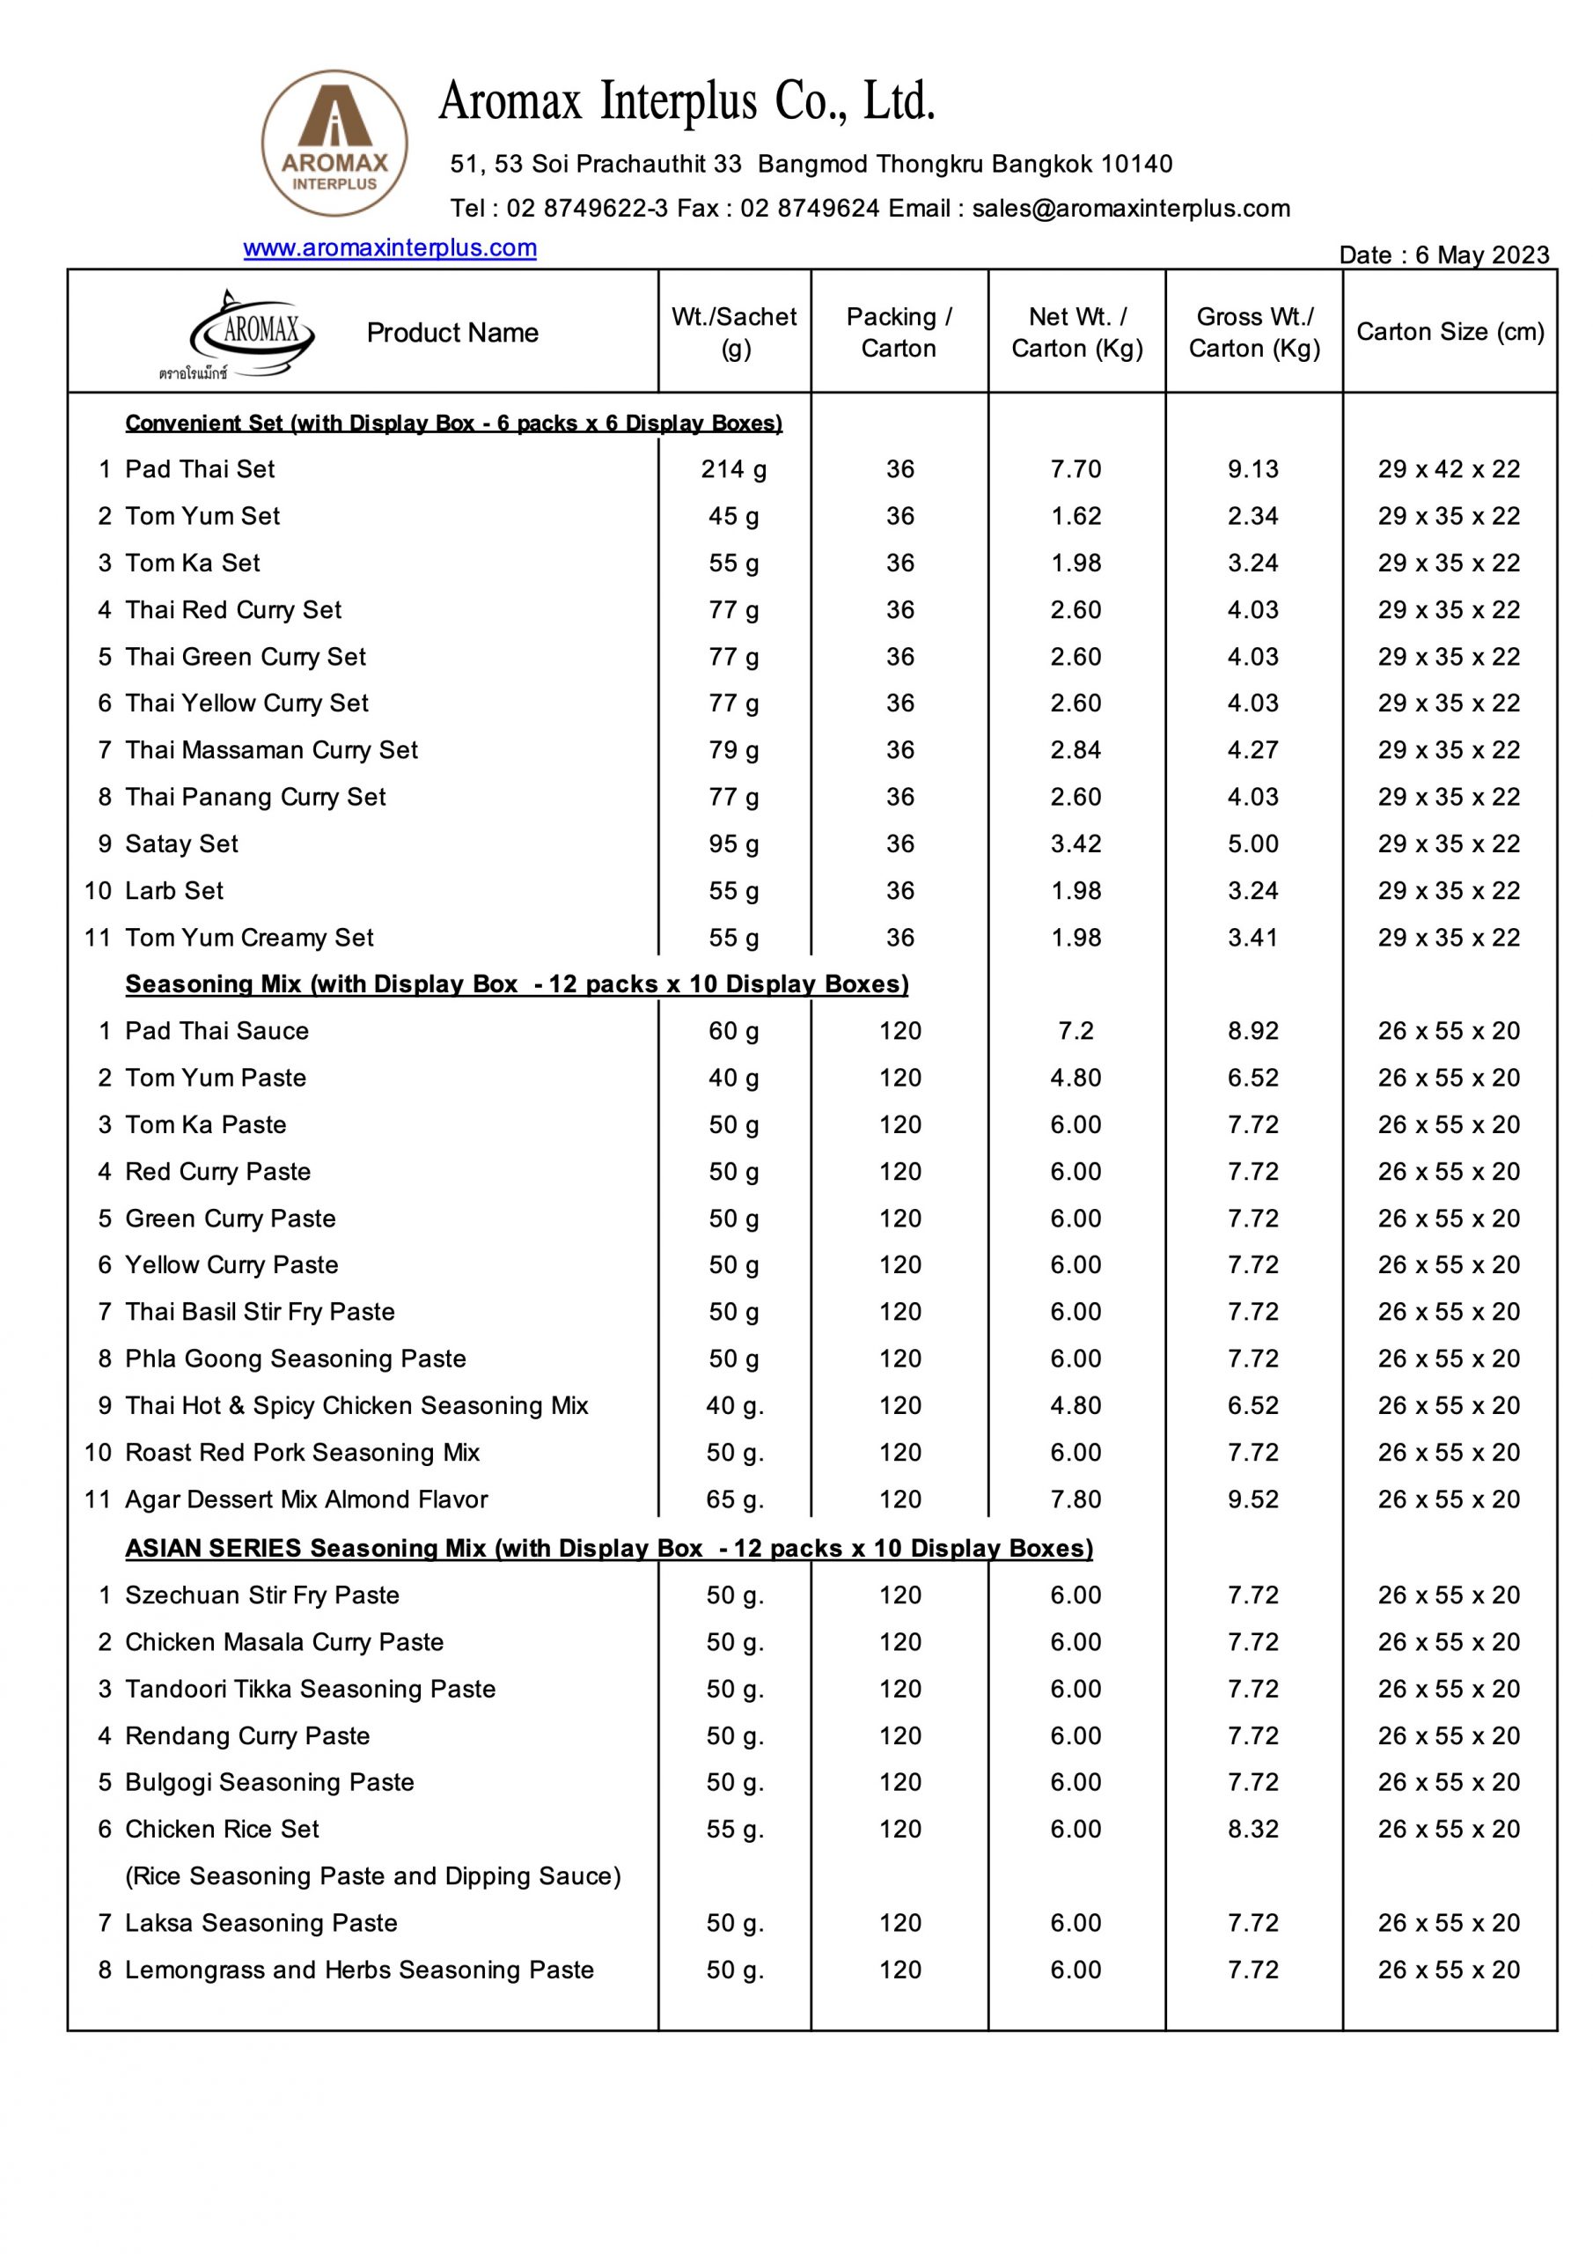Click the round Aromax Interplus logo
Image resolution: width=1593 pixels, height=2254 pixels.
coord(334,144)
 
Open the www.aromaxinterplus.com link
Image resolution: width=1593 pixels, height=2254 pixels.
coord(390,247)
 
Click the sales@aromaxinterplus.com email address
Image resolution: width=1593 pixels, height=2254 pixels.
coord(1131,208)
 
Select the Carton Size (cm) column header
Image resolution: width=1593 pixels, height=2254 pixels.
coord(1450,332)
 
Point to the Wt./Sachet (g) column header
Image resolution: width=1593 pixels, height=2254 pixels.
coord(734,332)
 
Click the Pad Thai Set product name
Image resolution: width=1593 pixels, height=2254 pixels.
coord(201,469)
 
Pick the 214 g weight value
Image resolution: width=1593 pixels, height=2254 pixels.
coord(734,469)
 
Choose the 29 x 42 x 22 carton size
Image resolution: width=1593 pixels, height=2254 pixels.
coord(1449,469)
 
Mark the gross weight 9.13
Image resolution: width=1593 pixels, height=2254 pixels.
coord(1253,469)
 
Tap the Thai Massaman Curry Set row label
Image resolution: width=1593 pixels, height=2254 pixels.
coord(271,750)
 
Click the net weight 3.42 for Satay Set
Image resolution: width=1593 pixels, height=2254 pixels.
coord(1075,843)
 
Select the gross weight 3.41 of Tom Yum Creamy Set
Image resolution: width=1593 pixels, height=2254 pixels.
coord(1253,938)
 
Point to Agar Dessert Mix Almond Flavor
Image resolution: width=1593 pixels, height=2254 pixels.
coord(306,1499)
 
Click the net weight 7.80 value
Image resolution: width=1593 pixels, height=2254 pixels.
coord(1075,1499)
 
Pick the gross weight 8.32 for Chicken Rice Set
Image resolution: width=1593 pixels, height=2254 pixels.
coord(1253,1829)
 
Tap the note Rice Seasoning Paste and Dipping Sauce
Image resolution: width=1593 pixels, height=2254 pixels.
coord(373,1876)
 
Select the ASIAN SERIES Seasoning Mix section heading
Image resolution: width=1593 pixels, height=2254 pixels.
coord(608,1548)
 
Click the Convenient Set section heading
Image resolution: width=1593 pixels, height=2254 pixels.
coord(453,424)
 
